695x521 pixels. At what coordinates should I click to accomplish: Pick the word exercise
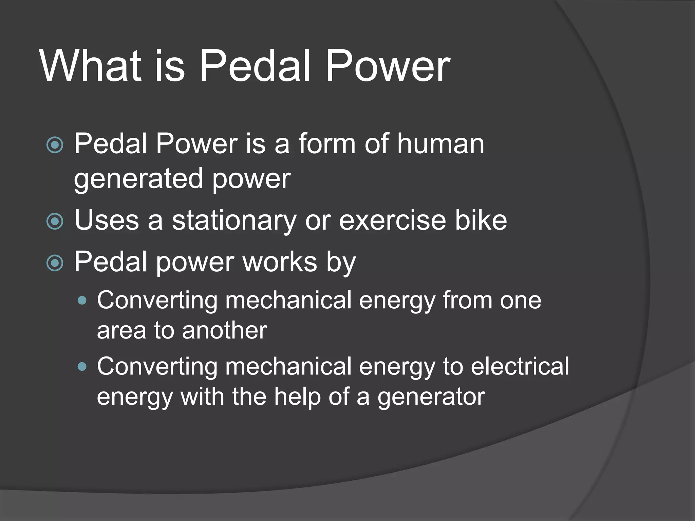pyautogui.click(x=392, y=220)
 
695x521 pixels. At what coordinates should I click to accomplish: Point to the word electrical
pyautogui.click(x=520, y=366)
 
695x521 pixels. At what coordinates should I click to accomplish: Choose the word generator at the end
pyautogui.click(x=431, y=397)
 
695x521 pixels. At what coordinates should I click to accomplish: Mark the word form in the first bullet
pyautogui.click(x=326, y=144)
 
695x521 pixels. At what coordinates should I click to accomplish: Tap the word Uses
pyautogui.click(x=107, y=220)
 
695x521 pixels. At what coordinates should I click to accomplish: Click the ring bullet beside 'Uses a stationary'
pyautogui.click(x=55, y=221)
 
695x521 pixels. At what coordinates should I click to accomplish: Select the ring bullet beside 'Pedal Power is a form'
pyautogui.click(x=55, y=145)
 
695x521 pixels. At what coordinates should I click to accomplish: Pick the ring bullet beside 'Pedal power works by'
pyautogui.click(x=55, y=263)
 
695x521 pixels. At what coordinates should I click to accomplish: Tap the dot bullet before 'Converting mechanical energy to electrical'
pyautogui.click(x=82, y=367)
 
